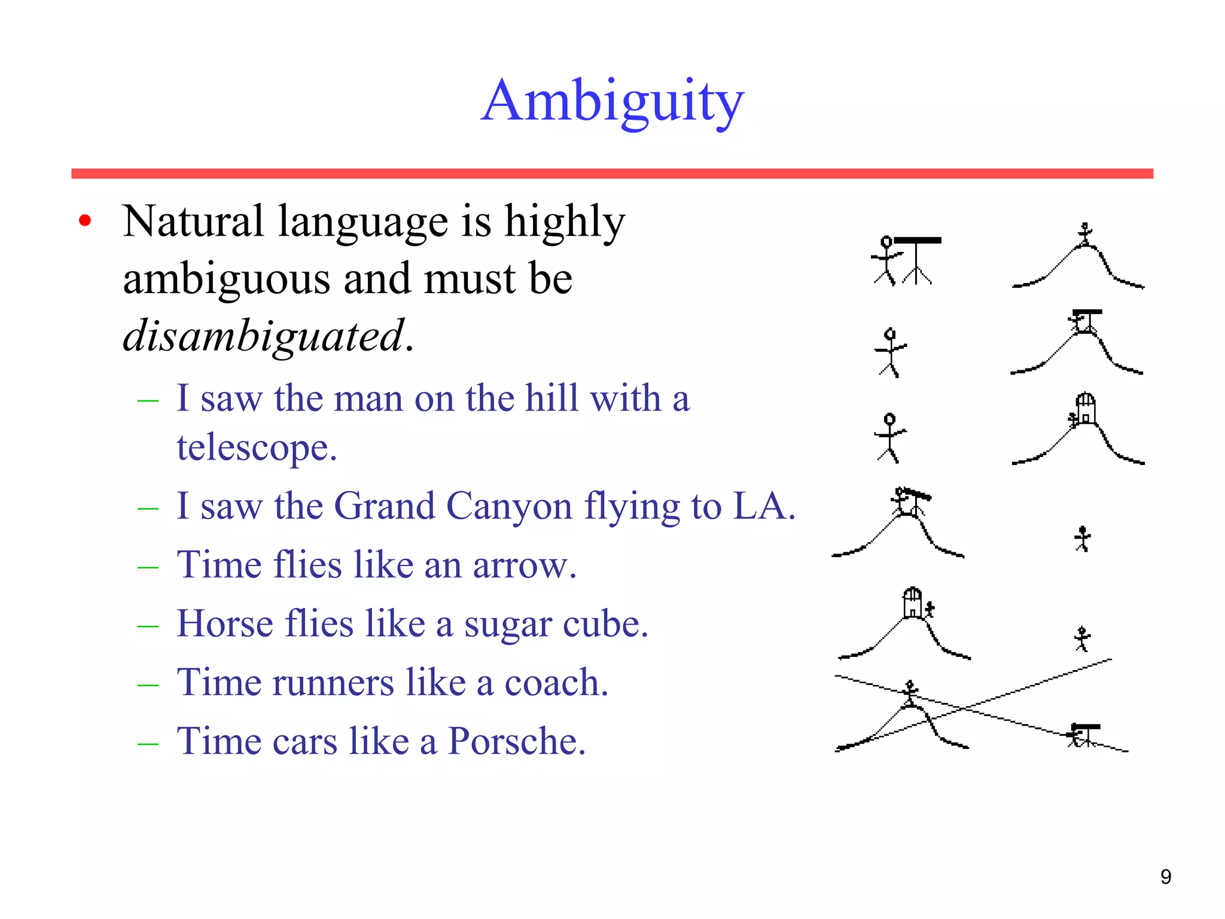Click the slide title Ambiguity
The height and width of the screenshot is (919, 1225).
click(x=612, y=102)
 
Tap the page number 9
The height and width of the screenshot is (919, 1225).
click(x=1165, y=877)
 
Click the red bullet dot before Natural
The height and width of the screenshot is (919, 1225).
click(x=85, y=220)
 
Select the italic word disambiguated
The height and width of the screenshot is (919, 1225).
click(x=263, y=336)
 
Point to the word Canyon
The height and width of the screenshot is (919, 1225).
click(x=509, y=506)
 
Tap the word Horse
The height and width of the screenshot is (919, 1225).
click(x=225, y=623)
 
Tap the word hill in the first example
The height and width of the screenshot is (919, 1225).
click(x=551, y=398)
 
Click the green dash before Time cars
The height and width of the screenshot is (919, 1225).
click(x=148, y=744)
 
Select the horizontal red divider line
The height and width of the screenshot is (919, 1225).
click(x=612, y=174)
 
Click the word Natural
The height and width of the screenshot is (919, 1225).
click(x=193, y=221)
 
